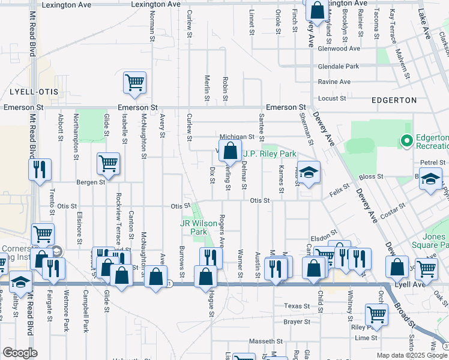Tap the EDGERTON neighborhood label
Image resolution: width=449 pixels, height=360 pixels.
click(x=394, y=100)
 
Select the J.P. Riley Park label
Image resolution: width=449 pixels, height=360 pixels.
click(x=270, y=154)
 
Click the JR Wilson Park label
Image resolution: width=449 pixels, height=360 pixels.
click(x=198, y=227)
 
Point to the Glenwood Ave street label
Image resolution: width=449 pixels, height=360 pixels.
click(x=339, y=49)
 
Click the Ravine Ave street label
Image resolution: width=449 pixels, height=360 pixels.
click(x=335, y=82)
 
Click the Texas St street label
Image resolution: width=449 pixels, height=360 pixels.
click(x=297, y=306)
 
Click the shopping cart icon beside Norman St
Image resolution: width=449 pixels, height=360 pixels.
click(x=135, y=83)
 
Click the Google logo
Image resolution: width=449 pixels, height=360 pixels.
click(x=20, y=353)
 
